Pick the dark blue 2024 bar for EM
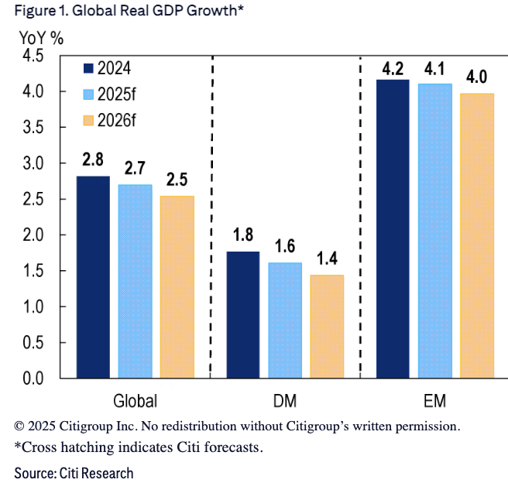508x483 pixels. click(392, 228)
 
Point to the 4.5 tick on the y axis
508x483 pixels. click(33, 57)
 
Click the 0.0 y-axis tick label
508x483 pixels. click(33, 379)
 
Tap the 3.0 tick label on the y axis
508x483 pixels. click(33, 164)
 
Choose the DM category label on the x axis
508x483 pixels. click(285, 401)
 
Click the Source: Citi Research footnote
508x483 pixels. click(74, 472)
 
